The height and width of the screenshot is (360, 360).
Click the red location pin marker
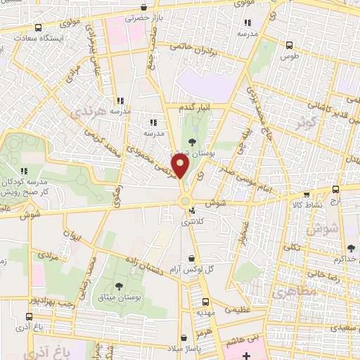click(x=181, y=167)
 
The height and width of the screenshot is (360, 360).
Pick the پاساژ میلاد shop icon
click(x=184, y=337)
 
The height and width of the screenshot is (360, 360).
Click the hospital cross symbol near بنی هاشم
click(x=245, y=356)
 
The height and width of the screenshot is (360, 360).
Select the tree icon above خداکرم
click(x=351, y=247)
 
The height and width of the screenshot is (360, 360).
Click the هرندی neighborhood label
click(x=111, y=112)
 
